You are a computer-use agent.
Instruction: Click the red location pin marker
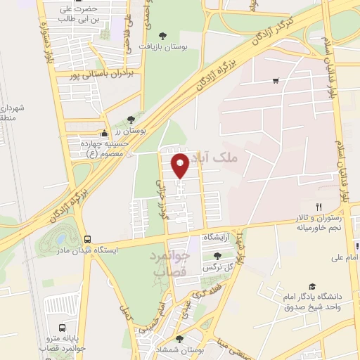181,165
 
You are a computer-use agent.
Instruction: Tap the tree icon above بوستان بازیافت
163,34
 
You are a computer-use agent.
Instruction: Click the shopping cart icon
275,80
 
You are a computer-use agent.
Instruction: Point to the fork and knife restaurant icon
319,206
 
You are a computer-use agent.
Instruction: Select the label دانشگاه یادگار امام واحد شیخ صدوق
313,302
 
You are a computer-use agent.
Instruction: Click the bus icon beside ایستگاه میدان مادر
87,239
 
